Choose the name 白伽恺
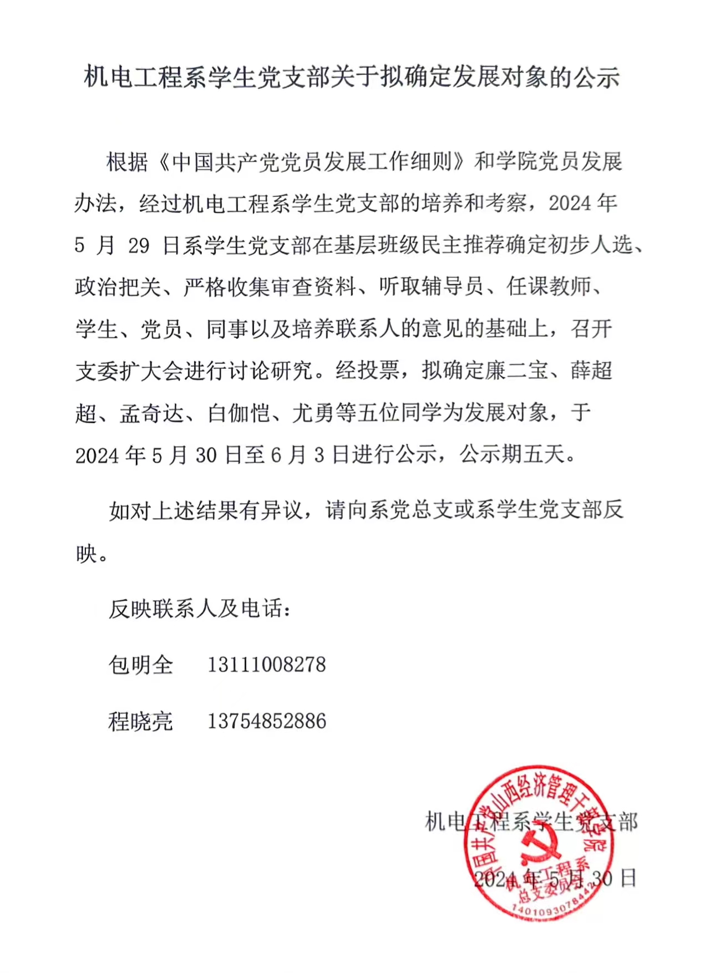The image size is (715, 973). coord(239,413)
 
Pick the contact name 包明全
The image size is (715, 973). coord(141,665)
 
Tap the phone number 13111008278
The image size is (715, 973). coord(267,665)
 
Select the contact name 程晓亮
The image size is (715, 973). coord(141,721)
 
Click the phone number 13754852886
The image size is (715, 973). coord(267,721)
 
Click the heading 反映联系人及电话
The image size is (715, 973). coord(200,609)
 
